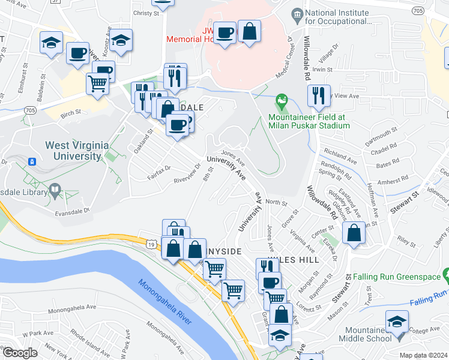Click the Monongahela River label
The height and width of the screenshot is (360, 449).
[164, 303]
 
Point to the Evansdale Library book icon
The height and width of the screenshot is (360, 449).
[55, 191]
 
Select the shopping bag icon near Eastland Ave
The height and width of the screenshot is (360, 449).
[354, 233]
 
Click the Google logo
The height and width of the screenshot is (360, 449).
[20, 353]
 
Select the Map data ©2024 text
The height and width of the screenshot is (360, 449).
[423, 355]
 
